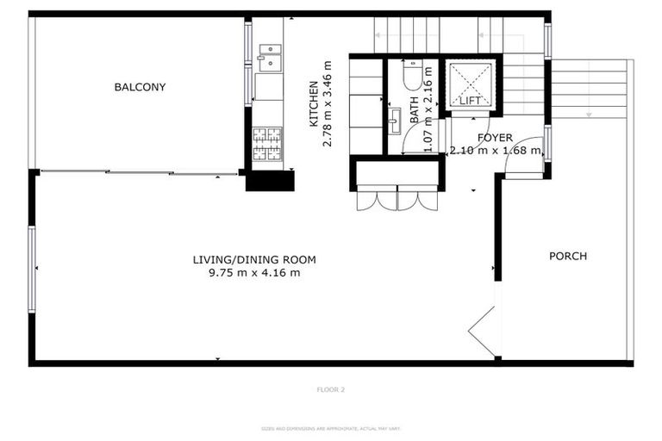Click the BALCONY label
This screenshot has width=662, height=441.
coord(140,87)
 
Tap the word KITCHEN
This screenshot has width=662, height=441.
coord(315,104)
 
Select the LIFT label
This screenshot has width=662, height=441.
coord(470,101)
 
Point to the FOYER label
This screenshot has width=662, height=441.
coord(495,138)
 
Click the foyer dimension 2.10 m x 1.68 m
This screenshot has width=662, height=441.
coord(496,151)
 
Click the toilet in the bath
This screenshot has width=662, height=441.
coord(412,76)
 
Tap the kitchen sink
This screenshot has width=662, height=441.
coord(270,56)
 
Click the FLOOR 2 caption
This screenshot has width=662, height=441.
coord(330,389)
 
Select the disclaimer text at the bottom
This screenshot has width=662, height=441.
coord(331,428)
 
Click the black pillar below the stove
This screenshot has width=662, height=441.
coord(269,181)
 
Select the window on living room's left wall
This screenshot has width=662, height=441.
coord(32,270)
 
